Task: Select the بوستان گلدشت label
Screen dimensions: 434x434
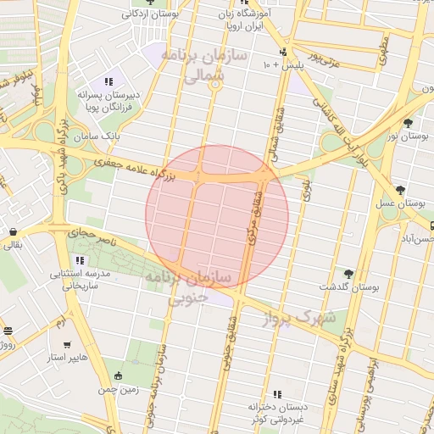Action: click(348, 287)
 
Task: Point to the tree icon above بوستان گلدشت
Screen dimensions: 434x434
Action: click(348, 273)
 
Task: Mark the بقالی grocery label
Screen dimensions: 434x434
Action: click(14, 246)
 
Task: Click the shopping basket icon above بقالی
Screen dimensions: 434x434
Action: click(14, 231)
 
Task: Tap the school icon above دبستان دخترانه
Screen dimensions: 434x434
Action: click(276, 394)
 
